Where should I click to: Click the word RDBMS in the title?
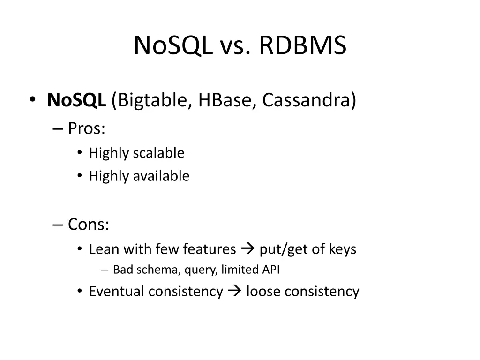pos(302,46)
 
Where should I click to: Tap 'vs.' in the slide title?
pos(232,46)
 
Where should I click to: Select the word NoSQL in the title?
pos(172,46)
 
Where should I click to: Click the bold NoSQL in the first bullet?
pos(76,100)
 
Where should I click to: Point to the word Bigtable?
pos(151,100)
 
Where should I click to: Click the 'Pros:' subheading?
pos(87,128)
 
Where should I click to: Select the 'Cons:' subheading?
pos(89,225)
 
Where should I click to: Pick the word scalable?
pos(158,153)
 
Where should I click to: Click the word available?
pos(161,176)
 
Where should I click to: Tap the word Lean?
pos(104,249)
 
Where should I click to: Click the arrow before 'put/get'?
pos(248,249)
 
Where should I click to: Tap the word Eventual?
pos(117,292)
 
